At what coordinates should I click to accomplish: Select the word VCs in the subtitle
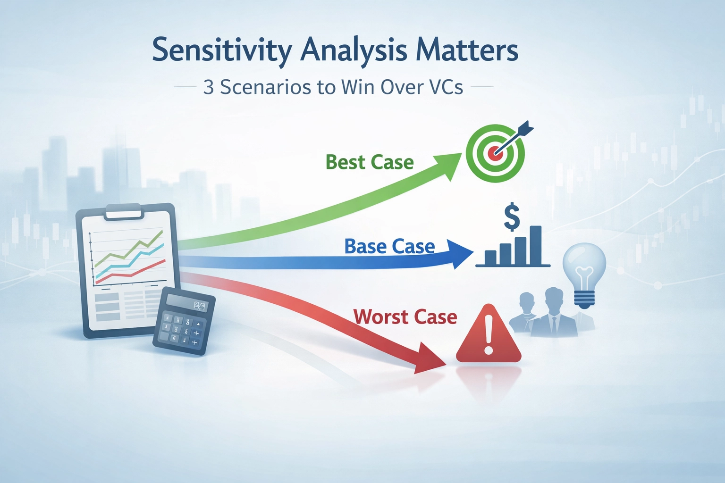pos(446,87)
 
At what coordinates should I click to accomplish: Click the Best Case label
pos(370,162)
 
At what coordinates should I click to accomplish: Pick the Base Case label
pos(389,246)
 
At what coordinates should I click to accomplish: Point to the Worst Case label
pos(405,316)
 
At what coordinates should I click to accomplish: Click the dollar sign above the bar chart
pos(512,217)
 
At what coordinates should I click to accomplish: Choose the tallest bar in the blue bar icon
pos(535,245)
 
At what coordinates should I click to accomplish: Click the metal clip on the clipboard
pos(125,211)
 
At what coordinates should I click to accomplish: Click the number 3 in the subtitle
pos(208,87)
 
